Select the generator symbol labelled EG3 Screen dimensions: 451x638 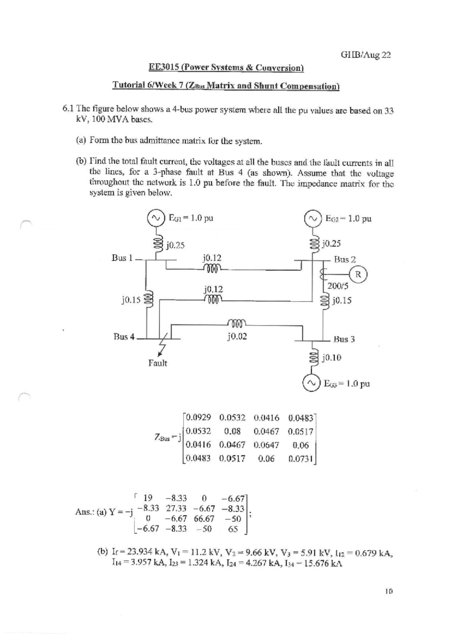tap(310, 383)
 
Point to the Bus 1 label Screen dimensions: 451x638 tap(122, 258)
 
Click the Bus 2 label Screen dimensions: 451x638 tap(345, 259)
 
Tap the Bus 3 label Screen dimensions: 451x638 tap(344, 339)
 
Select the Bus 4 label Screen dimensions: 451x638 tap(124, 337)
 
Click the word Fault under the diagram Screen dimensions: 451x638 tap(157, 363)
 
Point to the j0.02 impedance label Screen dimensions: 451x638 tap(237, 336)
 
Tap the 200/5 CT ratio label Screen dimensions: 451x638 tap(338, 286)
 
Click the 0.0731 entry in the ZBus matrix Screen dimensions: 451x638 tap(301, 459)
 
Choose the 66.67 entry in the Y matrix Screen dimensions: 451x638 tap(204, 519)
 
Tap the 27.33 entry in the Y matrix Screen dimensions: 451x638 tap(177, 509)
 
